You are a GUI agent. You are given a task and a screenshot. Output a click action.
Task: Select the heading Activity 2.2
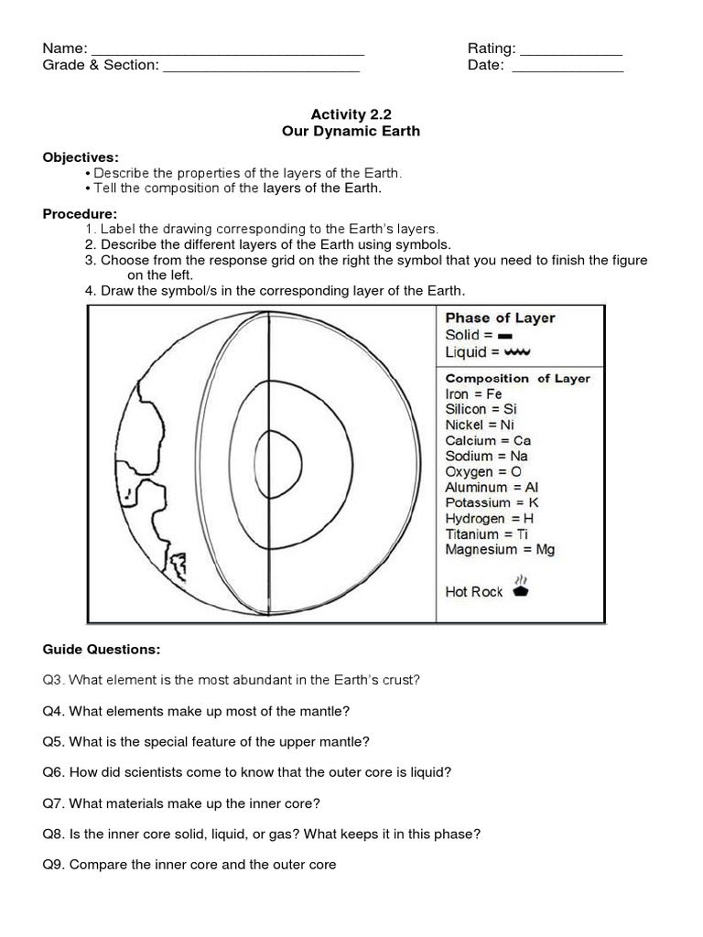[x=351, y=114]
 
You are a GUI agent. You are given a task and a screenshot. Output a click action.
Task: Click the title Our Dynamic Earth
[x=351, y=131]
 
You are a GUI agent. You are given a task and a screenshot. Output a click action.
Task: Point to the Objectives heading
[x=81, y=156]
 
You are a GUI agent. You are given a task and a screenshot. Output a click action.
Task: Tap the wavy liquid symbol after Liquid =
[x=517, y=352]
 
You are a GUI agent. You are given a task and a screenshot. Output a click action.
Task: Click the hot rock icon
[x=521, y=588]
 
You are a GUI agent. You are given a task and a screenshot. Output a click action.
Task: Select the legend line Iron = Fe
[x=473, y=393]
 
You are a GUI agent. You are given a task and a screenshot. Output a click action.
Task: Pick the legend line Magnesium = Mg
[x=500, y=549]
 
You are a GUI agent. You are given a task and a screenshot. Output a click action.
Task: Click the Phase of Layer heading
[x=500, y=318]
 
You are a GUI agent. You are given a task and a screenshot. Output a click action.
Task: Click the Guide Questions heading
[x=102, y=649]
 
